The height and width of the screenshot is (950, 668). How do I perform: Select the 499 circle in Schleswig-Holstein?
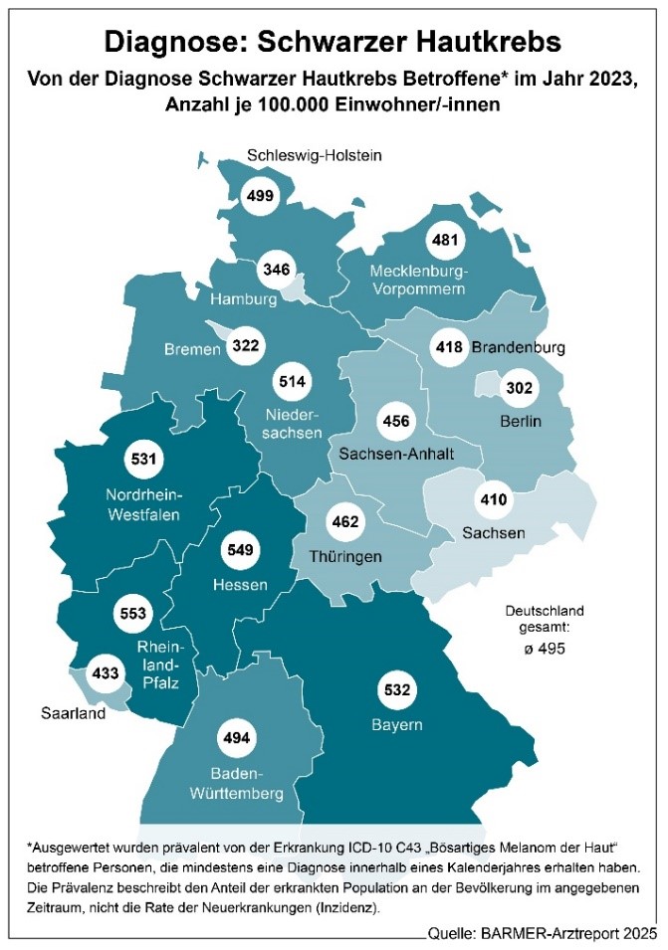tap(260, 195)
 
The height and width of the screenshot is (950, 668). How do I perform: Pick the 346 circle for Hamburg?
tap(275, 270)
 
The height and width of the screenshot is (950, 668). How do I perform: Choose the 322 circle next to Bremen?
tap(244, 346)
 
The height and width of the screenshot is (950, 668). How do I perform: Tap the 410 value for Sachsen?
tap(495, 498)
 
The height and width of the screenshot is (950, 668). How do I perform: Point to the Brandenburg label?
tap(518, 348)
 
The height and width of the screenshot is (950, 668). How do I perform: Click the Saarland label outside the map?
tap(72, 713)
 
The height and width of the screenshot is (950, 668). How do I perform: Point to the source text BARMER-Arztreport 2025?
tap(573, 933)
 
